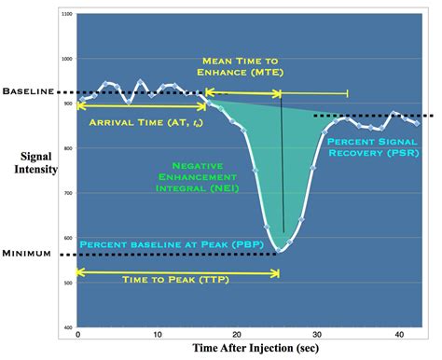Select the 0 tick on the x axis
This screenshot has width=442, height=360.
(77, 335)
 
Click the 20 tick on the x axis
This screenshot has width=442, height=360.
(237, 335)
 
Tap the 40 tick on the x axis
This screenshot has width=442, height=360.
(397, 335)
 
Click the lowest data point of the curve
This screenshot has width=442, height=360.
(281, 250)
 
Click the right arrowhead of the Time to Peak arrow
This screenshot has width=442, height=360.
(277, 272)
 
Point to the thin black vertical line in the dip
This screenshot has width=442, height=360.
(283, 168)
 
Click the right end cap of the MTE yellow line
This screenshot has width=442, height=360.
(348, 92)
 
